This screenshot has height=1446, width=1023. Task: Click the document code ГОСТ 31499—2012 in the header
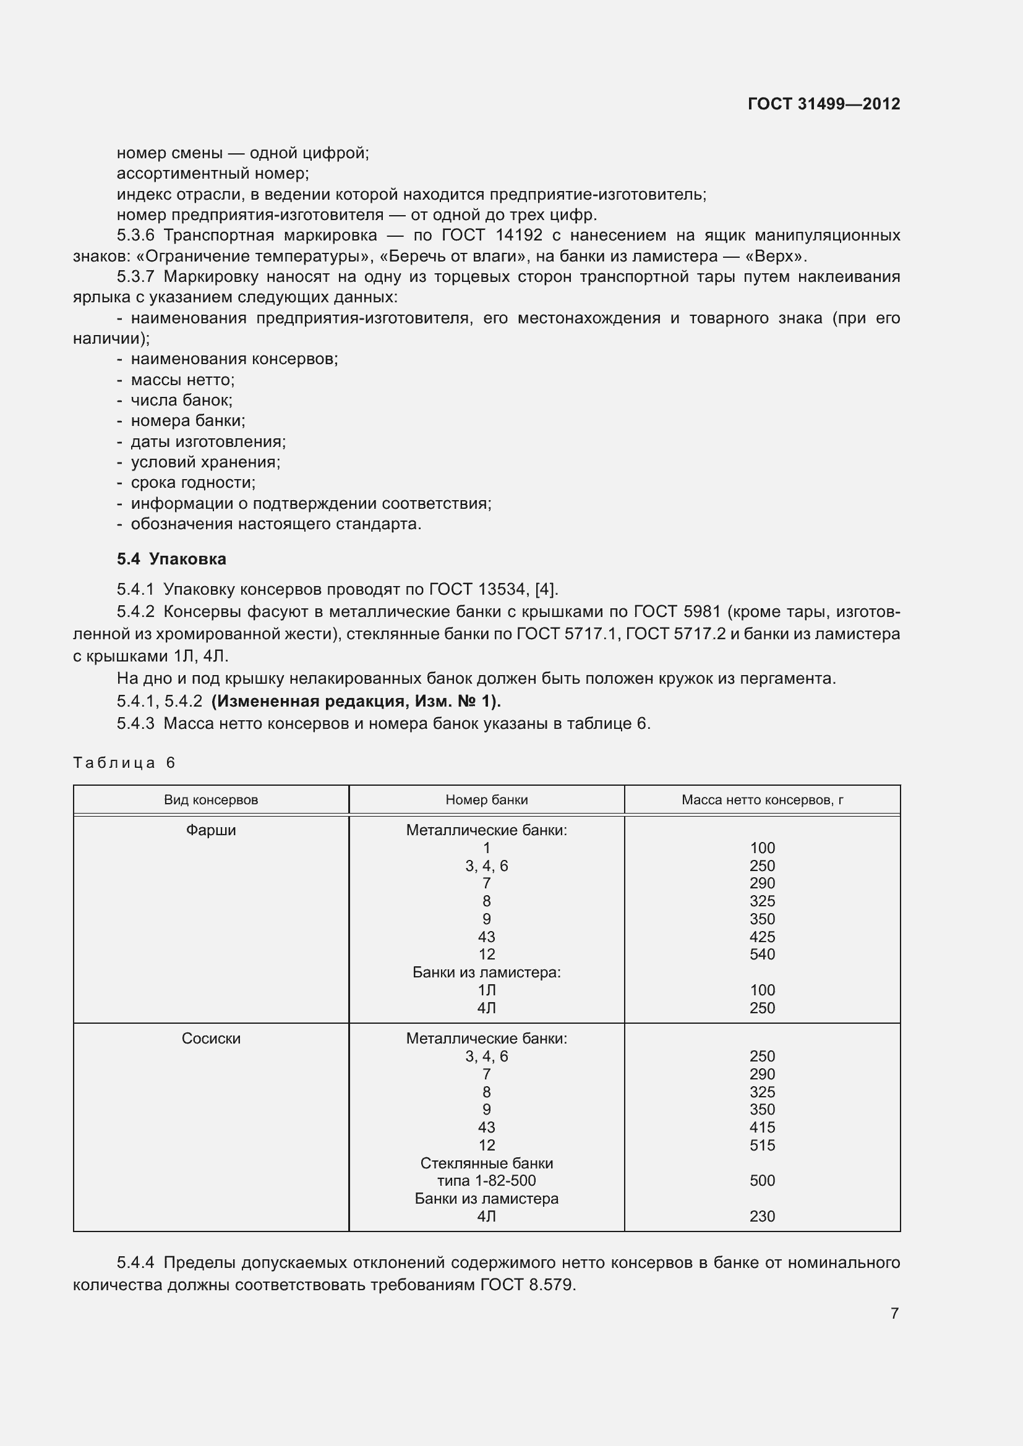click(x=823, y=104)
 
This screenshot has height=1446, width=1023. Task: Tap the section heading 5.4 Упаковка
click(x=171, y=559)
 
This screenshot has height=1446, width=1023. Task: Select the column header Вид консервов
click(x=211, y=800)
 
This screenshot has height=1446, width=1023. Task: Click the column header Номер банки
click(x=486, y=800)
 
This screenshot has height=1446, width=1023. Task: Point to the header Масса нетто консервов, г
click(x=762, y=800)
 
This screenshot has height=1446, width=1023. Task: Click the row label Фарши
click(x=211, y=830)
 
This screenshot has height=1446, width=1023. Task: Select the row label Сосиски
click(x=211, y=1039)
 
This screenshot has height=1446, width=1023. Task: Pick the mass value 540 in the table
click(x=762, y=954)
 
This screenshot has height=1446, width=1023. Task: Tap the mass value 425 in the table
click(x=762, y=937)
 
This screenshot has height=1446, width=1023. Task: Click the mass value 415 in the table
click(x=762, y=1128)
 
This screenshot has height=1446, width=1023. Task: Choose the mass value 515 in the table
click(x=762, y=1145)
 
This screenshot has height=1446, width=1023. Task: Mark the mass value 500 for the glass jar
click(x=762, y=1180)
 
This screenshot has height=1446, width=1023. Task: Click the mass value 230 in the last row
click(x=762, y=1216)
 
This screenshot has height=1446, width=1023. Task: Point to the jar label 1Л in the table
click(x=486, y=990)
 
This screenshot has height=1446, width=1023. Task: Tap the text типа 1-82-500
click(x=486, y=1180)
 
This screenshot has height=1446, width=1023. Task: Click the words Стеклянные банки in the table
click(x=486, y=1163)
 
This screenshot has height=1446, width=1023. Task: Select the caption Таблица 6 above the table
click(x=124, y=763)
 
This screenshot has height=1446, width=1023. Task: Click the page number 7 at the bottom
click(x=894, y=1313)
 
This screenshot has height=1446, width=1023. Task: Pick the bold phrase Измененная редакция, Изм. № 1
click(x=356, y=701)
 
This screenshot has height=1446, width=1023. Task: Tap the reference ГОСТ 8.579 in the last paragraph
click(x=527, y=1285)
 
